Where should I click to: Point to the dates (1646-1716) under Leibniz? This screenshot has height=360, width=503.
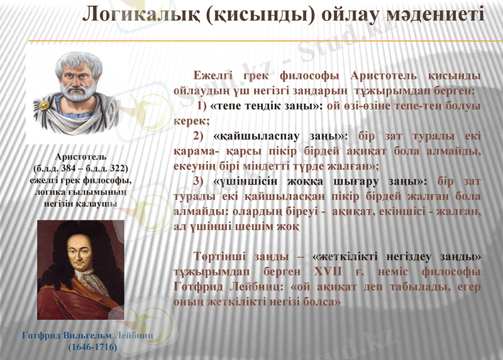(92, 346)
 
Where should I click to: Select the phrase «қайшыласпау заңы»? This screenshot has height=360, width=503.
(280, 136)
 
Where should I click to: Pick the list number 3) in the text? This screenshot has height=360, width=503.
(199, 182)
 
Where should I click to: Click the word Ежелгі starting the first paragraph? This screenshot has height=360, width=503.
(214, 76)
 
